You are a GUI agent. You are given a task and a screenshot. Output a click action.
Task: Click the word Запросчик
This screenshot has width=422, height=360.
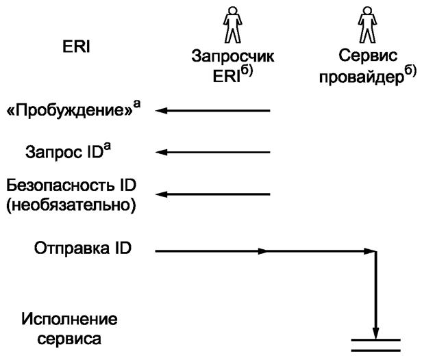click(x=232, y=56)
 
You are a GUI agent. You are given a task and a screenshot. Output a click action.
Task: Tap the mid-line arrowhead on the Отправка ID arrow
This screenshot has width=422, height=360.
click(x=263, y=251)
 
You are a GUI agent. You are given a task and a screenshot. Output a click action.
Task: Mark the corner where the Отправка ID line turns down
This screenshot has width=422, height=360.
click(x=376, y=252)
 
